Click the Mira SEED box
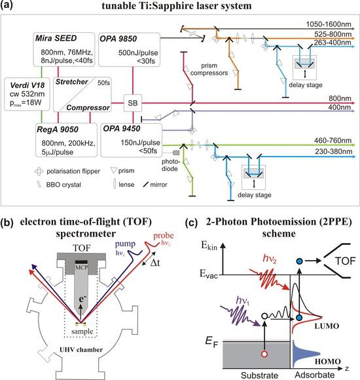click(x=64, y=49)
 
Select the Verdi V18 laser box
click(x=27, y=94)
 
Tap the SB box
click(x=133, y=103)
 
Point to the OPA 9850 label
click(x=118, y=39)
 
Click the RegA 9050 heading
click(x=58, y=130)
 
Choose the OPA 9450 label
click(x=122, y=128)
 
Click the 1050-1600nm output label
click(x=329, y=24)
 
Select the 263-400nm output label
click(x=333, y=43)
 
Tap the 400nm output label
click(x=340, y=107)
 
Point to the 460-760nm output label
click(x=333, y=141)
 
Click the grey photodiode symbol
click(x=176, y=153)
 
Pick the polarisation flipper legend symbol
click(x=39, y=172)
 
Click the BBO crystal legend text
click(x=63, y=185)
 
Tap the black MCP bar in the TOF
click(x=81, y=262)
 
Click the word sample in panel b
click(x=82, y=332)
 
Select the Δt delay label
click(x=155, y=263)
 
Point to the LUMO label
click(x=327, y=326)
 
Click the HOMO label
click(x=327, y=362)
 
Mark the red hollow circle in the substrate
click(x=264, y=354)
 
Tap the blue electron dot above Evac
click(x=300, y=261)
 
